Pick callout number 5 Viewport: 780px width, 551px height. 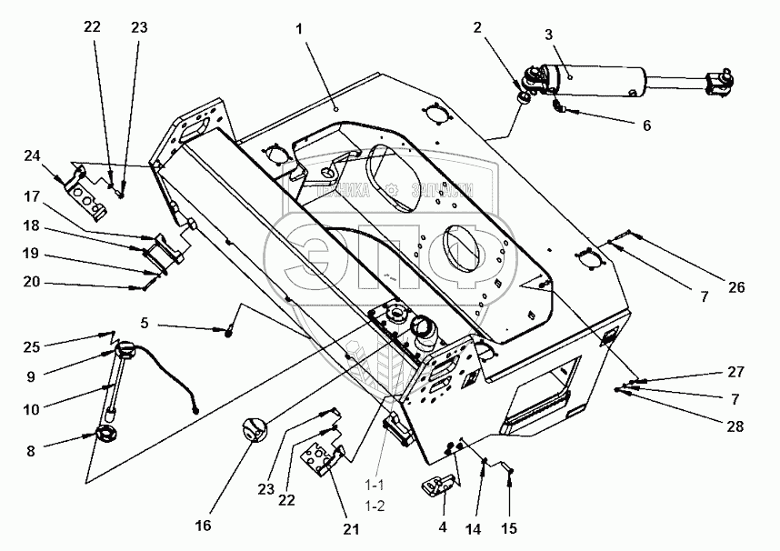click(145, 322)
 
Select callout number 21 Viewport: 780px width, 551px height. click(350, 528)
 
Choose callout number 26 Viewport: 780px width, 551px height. click(735, 288)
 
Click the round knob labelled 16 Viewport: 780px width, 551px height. click(255, 429)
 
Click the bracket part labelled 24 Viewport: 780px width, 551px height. click(87, 191)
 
